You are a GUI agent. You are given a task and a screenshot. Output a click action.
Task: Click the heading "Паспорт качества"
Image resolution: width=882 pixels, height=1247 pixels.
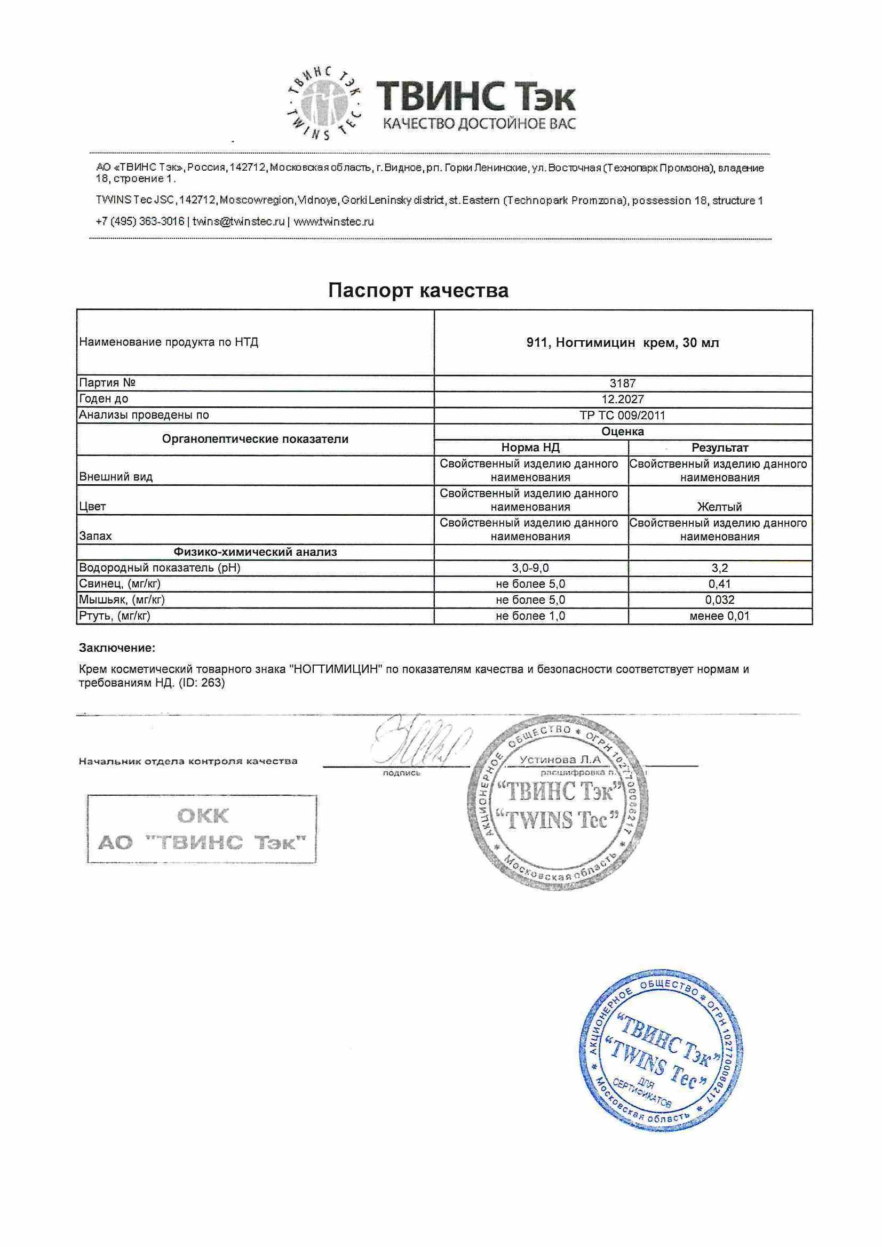418,291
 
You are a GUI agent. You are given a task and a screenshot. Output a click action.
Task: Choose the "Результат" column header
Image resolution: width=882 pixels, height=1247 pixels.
719,447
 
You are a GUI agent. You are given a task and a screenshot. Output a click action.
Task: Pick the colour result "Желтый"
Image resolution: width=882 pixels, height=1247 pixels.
719,507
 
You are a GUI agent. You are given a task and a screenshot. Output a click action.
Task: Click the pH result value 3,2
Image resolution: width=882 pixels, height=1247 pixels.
719,568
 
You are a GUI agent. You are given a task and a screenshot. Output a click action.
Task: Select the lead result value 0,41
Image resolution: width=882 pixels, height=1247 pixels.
719,584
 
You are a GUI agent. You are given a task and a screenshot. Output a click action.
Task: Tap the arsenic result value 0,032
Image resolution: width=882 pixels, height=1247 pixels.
719,599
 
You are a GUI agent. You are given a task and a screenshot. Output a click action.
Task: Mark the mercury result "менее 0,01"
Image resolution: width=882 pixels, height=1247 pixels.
719,616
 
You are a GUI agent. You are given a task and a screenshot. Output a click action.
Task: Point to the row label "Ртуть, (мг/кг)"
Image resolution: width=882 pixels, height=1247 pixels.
115,616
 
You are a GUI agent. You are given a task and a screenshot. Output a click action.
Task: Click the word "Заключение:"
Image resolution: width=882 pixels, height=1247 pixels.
117,648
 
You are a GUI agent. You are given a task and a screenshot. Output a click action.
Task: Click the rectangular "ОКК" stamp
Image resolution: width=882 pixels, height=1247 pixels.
202,829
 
